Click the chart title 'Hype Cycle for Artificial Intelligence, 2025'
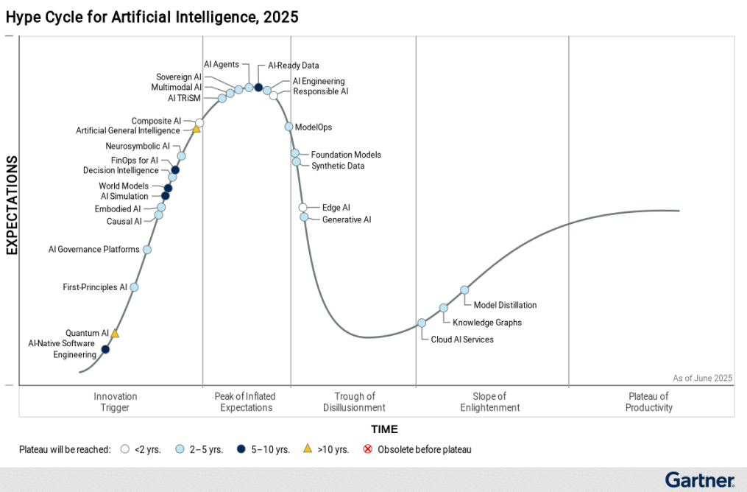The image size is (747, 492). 152,17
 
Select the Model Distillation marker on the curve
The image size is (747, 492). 464,290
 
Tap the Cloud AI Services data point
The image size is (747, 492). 422,323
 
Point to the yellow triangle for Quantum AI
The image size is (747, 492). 115,334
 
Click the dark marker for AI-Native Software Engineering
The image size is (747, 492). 105,349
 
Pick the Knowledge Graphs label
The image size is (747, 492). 486,323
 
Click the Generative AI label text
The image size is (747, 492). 347,219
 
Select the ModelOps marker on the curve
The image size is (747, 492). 289,127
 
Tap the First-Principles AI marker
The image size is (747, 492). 134,287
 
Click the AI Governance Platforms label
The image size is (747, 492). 93,250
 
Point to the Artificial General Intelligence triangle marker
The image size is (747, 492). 197,129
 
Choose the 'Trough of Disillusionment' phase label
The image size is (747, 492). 354,402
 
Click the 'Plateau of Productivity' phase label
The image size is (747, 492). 649,402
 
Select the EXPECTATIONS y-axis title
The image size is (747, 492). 12,205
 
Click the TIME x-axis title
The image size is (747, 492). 384,429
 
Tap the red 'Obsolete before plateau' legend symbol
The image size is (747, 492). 368,449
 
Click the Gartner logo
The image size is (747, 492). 699,480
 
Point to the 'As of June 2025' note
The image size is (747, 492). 702,378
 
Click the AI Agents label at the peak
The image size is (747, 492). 221,65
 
